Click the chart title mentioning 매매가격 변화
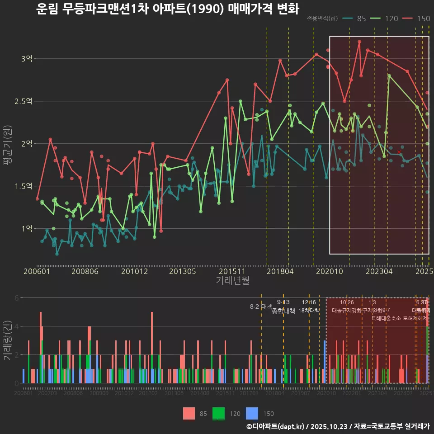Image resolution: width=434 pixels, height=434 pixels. pos(167,9)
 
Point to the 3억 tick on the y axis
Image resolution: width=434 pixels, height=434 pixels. pos(27,59)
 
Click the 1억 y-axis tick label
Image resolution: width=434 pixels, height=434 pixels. pos(27,229)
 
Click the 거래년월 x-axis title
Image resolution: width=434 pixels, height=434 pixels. pos(232,281)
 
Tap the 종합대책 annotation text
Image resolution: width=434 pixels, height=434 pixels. pos(283,311)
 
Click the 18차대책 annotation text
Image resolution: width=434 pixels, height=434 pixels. pos(309,311)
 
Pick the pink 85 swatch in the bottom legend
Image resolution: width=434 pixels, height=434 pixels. pos(189,413)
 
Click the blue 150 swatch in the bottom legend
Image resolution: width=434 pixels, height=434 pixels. pos(252,413)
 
